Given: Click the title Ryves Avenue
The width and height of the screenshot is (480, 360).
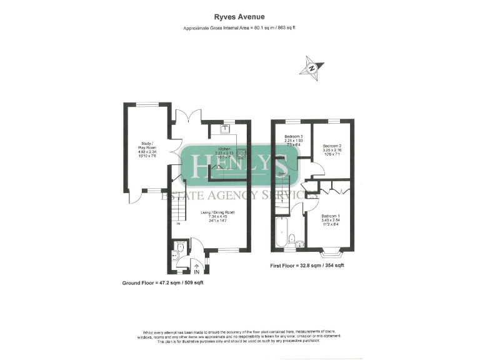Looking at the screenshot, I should [x=240, y=19].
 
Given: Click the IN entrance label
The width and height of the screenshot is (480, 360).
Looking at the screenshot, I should [x=197, y=272].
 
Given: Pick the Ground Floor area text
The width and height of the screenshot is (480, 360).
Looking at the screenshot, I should [x=162, y=282].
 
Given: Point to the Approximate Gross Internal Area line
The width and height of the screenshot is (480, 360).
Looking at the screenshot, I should [x=240, y=29].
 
